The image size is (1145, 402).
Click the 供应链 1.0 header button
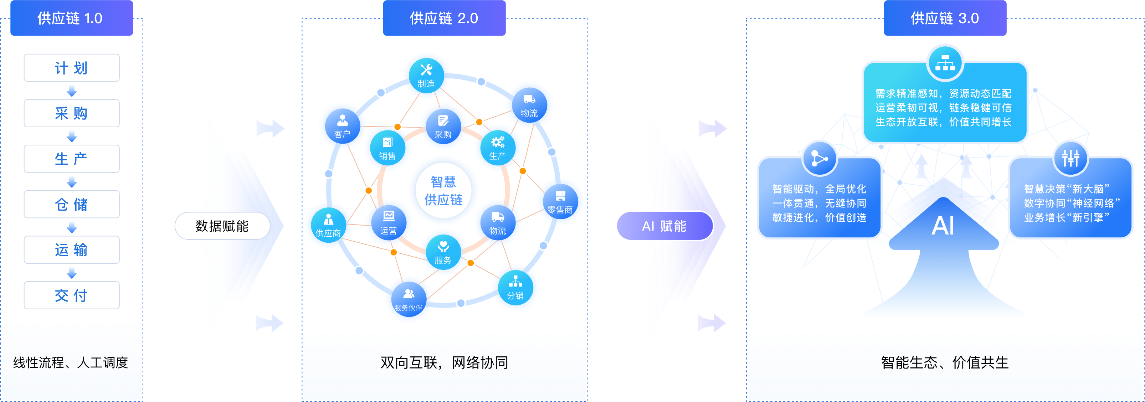pos(72,18)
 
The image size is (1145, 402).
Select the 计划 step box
pos(72,68)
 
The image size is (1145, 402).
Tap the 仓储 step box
pos(72,204)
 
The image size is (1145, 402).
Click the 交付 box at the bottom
pos(72,295)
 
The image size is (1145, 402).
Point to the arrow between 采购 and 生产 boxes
pos(72,136)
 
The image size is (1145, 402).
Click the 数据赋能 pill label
pos(222,226)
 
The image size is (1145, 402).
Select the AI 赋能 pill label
pos(664,226)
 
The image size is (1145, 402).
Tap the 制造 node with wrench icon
pos(426,74)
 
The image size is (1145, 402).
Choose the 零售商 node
pos(560,201)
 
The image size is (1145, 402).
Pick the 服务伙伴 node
pos(408,299)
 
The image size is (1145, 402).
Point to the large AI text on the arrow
pos(943,226)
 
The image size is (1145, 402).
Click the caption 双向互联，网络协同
pos(444,363)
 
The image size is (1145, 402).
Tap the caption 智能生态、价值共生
pos(945,363)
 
